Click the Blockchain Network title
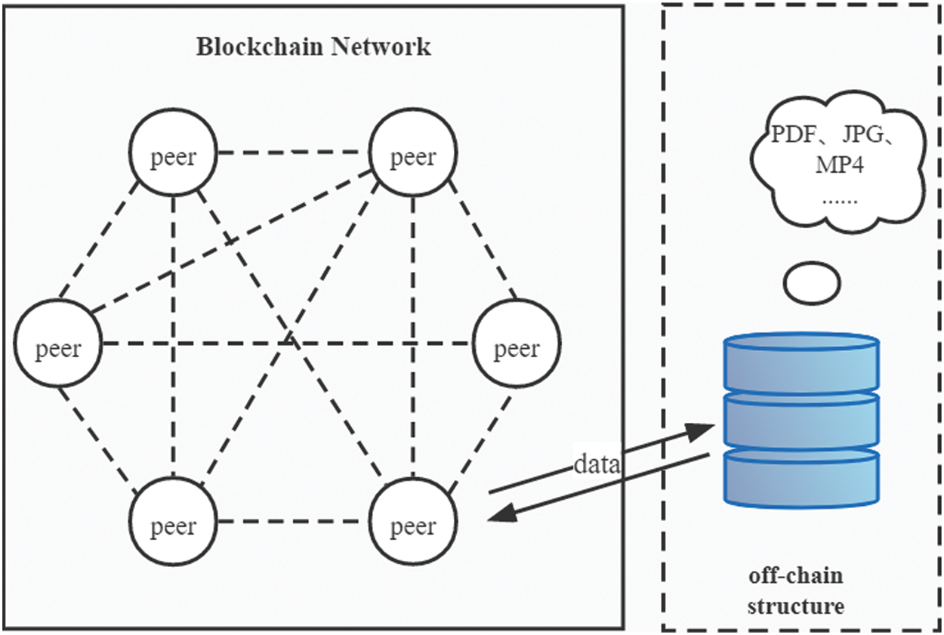[x=313, y=47]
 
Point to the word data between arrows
[x=597, y=464]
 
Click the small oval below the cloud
[x=812, y=282]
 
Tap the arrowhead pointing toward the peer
[x=500, y=513]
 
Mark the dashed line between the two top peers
[x=292, y=152]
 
